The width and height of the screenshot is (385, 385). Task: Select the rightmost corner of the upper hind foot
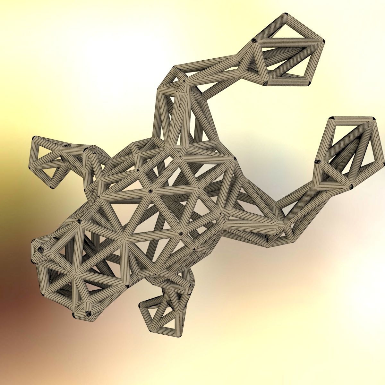322,42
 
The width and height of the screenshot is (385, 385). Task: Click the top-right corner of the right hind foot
373,119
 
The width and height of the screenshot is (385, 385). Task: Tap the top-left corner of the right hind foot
333,119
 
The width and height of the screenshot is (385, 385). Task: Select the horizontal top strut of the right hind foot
353,119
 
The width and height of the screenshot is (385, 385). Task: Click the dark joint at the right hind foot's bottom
351,187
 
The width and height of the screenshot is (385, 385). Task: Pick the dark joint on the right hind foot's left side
318,162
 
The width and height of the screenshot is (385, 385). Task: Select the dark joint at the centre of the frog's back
150,192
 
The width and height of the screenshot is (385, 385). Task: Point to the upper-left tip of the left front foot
34,139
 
